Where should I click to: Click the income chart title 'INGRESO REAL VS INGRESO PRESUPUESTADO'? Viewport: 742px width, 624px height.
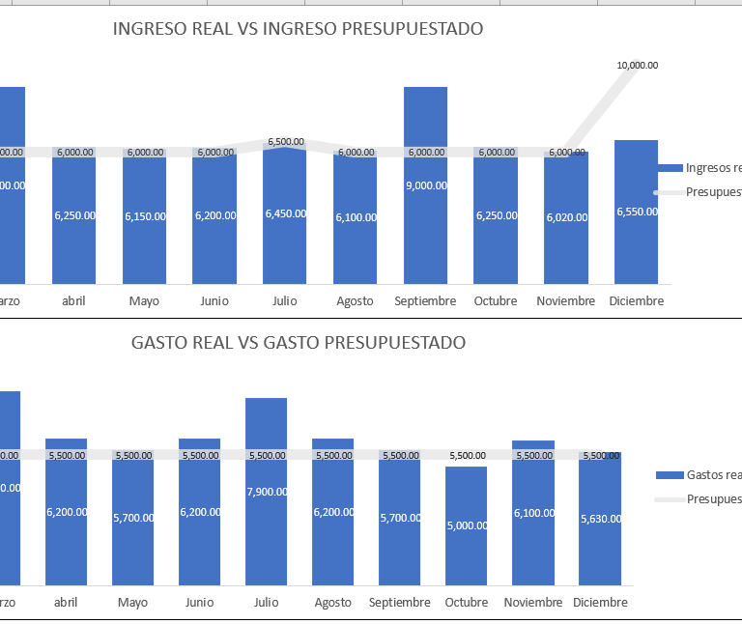[x=298, y=29]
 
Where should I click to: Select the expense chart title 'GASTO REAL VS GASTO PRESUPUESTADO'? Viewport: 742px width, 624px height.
[x=298, y=343]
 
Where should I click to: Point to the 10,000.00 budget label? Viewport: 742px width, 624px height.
[x=637, y=66]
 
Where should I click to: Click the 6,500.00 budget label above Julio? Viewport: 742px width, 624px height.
[x=285, y=142]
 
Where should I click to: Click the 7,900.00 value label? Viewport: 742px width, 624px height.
[x=267, y=492]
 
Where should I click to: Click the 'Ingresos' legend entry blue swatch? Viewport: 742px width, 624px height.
[x=670, y=168]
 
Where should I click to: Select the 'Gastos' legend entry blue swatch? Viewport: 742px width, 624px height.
[x=670, y=475]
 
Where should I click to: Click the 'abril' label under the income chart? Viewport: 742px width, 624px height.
[x=72, y=301]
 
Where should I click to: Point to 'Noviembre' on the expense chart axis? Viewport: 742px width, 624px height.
[x=533, y=603]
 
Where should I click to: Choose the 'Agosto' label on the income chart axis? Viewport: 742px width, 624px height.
[x=355, y=301]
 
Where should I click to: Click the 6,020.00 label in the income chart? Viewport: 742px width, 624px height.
[x=566, y=217]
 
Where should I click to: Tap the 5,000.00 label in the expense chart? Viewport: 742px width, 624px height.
[x=467, y=526]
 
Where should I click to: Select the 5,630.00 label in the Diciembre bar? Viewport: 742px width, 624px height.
[x=600, y=519]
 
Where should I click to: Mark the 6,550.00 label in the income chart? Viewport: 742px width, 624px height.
[x=637, y=212]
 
